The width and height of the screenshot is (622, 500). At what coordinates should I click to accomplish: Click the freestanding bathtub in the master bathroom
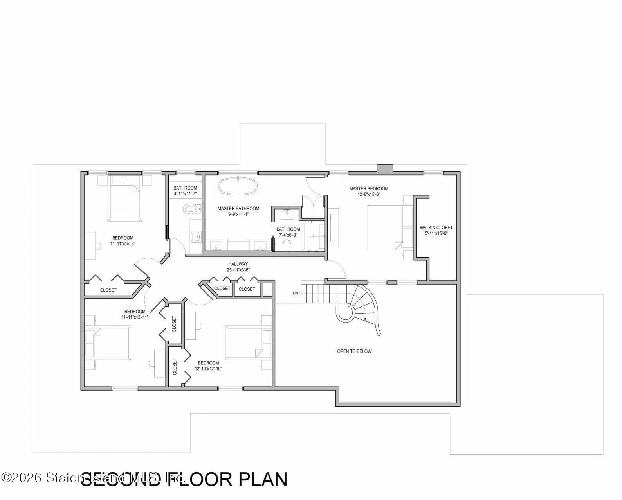pyautogui.click(x=238, y=186)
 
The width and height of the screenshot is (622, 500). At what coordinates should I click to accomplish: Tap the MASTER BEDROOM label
pyautogui.click(x=368, y=189)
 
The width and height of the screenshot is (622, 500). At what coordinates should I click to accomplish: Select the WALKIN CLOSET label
pyautogui.click(x=436, y=228)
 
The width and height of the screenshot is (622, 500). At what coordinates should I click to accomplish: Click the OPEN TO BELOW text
pyautogui.click(x=354, y=351)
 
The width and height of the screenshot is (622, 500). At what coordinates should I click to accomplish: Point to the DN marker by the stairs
pyautogui.click(x=295, y=293)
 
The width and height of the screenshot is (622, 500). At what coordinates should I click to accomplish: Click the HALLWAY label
pyautogui.click(x=238, y=264)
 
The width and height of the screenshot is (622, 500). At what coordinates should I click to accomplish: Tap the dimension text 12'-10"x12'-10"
pyautogui.click(x=208, y=369)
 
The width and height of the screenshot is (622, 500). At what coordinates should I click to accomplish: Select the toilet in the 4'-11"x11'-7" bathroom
pyautogui.click(x=190, y=209)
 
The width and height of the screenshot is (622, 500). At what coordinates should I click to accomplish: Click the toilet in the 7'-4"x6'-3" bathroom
pyautogui.click(x=287, y=245)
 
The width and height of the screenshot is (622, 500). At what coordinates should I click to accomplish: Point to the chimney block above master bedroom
pyautogui.click(x=385, y=168)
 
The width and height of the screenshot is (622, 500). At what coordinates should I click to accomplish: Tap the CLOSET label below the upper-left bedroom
pyautogui.click(x=108, y=290)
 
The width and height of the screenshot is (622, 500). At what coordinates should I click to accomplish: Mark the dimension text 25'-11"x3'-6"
pyautogui.click(x=238, y=270)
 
